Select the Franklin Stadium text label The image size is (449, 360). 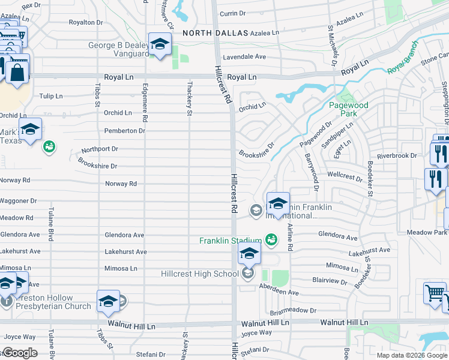(231, 241)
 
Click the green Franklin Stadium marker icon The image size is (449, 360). (271, 240)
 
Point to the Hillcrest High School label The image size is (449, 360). (200, 274)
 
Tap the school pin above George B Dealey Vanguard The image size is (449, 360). (160, 44)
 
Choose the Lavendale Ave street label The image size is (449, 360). (244, 56)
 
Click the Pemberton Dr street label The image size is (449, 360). (125, 130)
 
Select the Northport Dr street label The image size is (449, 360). (100, 149)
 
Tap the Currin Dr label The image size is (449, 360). (233, 13)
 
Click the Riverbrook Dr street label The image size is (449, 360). (397, 155)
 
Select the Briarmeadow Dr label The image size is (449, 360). (293, 310)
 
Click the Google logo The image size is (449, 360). (20, 352)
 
